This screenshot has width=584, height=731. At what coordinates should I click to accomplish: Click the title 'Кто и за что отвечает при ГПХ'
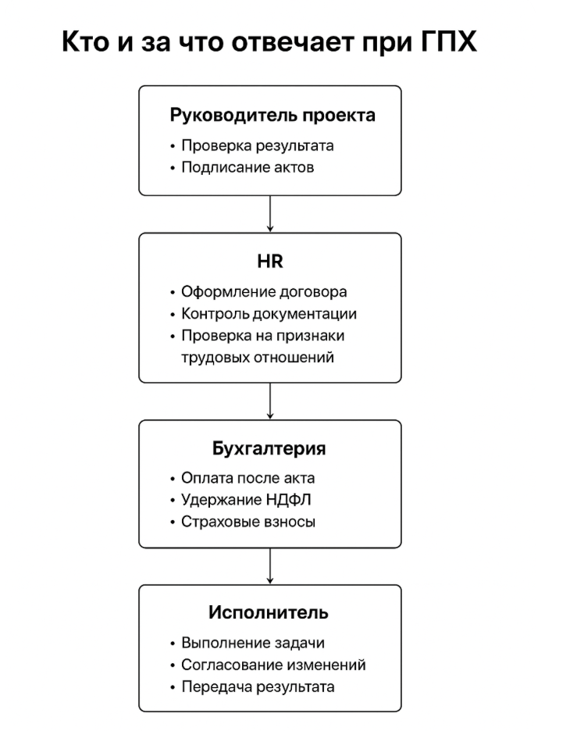coord(269,41)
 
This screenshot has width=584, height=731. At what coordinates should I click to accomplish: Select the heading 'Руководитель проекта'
coord(272,116)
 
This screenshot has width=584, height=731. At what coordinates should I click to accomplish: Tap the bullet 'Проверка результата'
coord(258,145)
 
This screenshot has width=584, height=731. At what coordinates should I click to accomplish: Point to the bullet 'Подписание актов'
coord(247,167)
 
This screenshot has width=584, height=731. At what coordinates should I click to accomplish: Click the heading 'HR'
coord(269,262)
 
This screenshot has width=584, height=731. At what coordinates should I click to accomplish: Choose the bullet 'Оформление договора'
coord(264,292)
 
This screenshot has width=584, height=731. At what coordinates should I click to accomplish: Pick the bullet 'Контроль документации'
coord(269,314)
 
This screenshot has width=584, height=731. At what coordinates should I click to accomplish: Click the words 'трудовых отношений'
coord(258,358)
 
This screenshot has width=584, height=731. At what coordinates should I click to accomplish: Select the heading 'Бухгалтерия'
coord(269,449)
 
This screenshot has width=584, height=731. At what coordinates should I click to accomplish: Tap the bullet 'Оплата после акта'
coord(247,478)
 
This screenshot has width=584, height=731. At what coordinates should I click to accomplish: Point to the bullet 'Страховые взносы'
coord(248,522)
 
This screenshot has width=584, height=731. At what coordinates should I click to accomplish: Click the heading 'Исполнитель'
coord(269,612)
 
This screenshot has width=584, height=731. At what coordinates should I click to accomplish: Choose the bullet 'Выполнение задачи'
coord(253,643)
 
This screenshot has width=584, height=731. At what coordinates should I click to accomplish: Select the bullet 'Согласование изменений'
coord(273,665)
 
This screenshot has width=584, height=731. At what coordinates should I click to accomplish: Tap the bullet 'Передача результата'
coord(258,686)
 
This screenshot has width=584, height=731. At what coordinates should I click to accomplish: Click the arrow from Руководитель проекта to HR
coord(269,214)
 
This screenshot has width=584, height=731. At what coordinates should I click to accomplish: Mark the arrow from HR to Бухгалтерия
coord(269,401)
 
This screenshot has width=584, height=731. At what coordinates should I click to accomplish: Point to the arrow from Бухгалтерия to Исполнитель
coord(269,565)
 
